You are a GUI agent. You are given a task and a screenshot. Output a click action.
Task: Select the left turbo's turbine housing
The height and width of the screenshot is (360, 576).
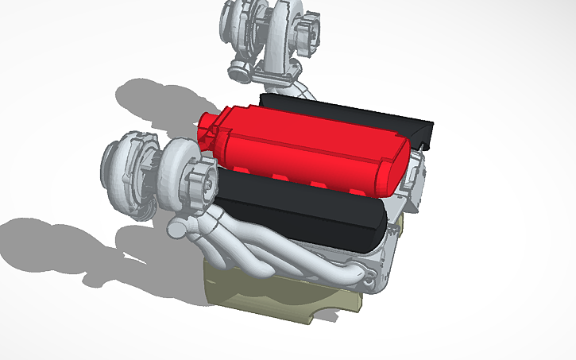[127, 175]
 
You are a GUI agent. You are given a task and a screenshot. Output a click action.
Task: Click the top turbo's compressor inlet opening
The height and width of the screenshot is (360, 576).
[307, 28]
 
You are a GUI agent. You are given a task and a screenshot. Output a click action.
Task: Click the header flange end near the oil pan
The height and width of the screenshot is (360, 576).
[365, 274]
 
